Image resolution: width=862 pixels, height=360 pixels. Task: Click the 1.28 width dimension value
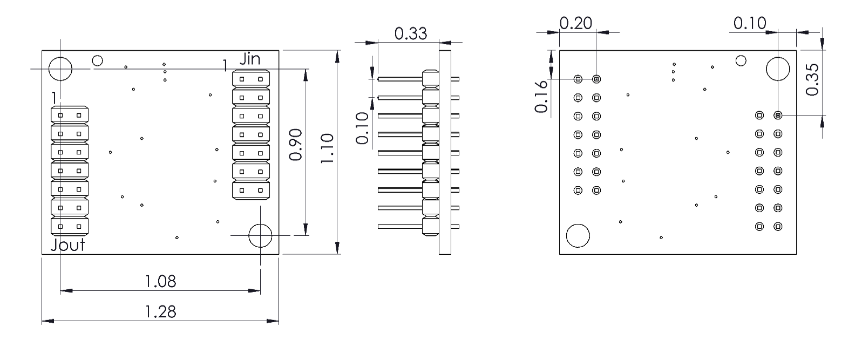coord(160,311)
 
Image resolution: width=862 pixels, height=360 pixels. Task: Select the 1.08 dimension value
coord(160,282)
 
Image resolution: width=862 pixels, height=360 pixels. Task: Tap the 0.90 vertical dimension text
coord(296,145)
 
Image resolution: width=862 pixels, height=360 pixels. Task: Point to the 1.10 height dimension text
coord(327,148)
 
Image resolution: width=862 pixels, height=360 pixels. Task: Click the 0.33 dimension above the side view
coord(411,34)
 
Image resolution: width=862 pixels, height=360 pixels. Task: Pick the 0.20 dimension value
coord(576,23)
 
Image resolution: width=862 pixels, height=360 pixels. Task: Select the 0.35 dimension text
coord(812,80)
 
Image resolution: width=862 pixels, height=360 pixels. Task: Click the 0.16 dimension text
coord(541,97)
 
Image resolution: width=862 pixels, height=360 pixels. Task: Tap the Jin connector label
coord(250,59)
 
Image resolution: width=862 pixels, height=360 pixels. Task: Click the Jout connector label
coord(67,245)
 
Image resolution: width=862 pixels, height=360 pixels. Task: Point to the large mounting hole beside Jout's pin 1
coord(60,69)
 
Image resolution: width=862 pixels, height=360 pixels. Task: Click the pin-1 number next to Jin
coord(225,65)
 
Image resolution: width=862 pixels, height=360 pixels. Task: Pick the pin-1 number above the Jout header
coord(55,98)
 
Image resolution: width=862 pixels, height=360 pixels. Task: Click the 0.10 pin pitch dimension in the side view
coord(362,128)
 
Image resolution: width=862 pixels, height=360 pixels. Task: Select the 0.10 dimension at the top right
coord(750,23)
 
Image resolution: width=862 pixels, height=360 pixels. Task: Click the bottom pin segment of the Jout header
coord(70,227)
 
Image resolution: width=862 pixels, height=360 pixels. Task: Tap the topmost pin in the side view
coord(400,79)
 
